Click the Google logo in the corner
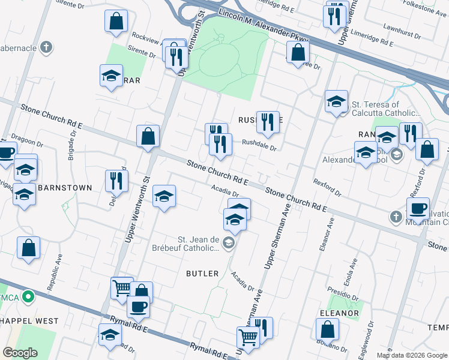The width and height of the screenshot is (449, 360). [x=20, y=353]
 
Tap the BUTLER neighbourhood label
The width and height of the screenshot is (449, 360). [x=202, y=274]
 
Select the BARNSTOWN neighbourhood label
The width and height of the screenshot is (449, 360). [x=65, y=188]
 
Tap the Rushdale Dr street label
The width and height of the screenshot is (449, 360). [x=259, y=145]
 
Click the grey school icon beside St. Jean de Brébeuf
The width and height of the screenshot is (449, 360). [x=228, y=243]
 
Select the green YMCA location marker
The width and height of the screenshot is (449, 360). [x=27, y=296]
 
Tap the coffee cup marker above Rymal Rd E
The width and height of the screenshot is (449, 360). [x=138, y=307]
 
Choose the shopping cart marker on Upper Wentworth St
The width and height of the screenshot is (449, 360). [x=122, y=288]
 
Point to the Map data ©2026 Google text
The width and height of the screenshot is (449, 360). [x=411, y=355]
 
